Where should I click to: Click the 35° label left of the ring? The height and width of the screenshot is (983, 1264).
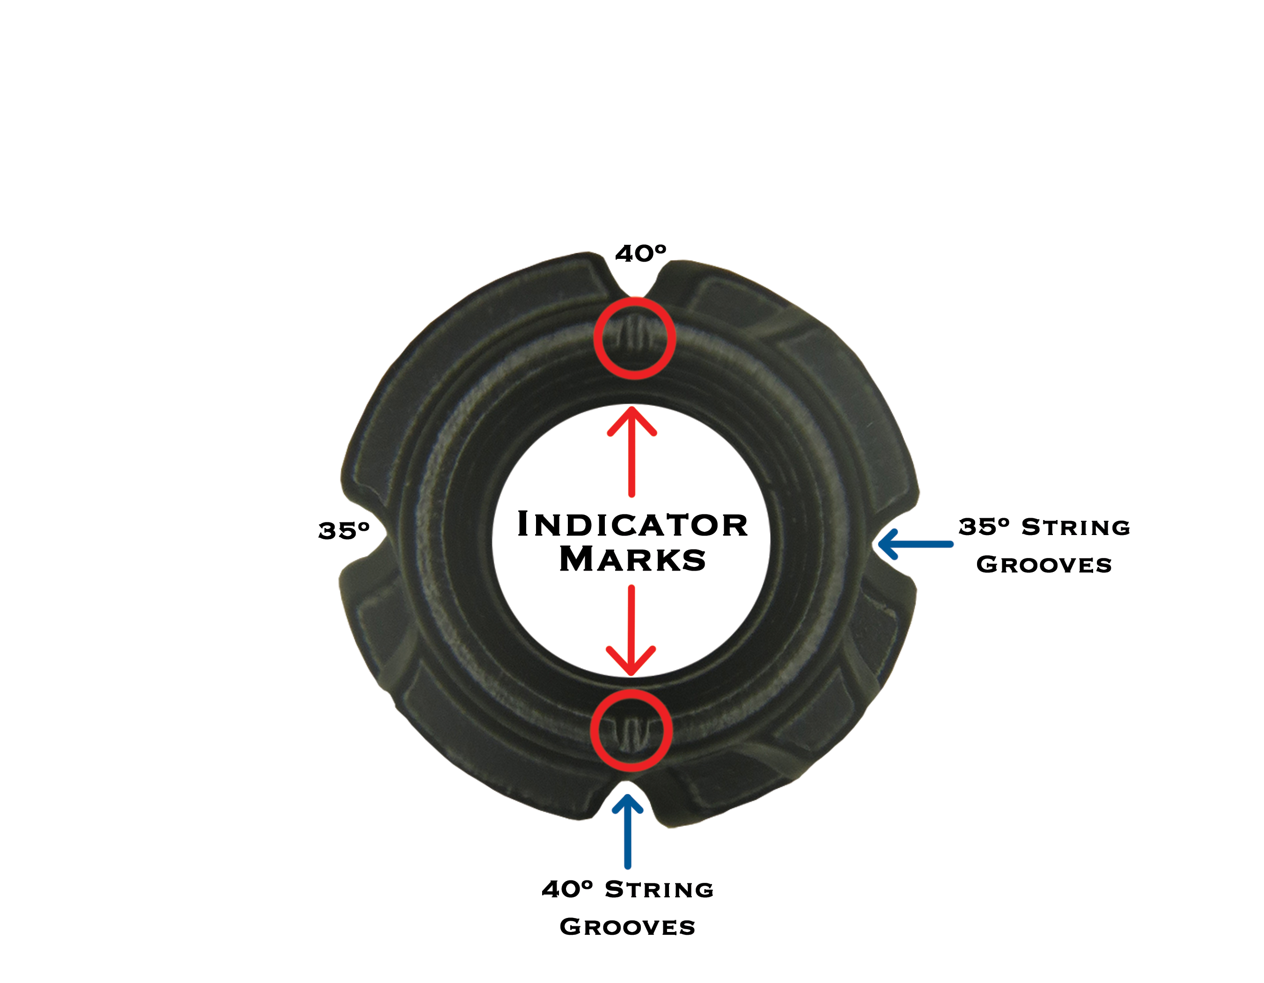(344, 530)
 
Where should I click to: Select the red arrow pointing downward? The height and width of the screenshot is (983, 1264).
(631, 631)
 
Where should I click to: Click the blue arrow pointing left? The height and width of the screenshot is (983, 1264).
(914, 544)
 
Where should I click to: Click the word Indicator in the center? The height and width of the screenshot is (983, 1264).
(632, 525)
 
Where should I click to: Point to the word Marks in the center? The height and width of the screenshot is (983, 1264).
(632, 559)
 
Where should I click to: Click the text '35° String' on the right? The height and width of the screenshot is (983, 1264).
(1044, 527)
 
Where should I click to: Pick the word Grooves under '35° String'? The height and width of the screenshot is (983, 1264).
(1044, 565)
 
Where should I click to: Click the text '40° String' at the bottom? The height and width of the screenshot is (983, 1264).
(627, 889)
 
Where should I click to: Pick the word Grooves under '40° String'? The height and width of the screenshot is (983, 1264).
(627, 927)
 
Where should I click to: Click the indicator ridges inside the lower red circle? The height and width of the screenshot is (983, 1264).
(631, 733)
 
